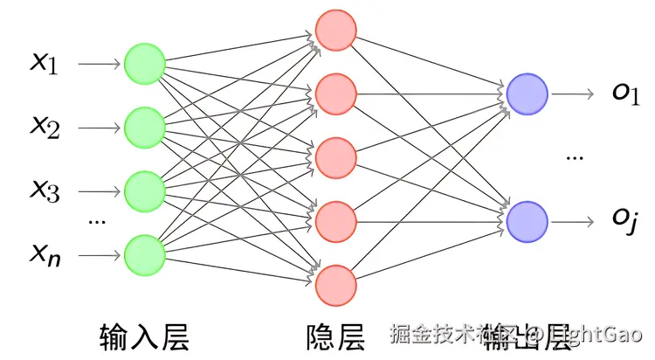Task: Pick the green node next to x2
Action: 144,128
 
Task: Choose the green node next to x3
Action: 144,190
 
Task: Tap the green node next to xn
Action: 144,254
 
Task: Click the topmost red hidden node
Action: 335,31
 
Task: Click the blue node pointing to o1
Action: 527,94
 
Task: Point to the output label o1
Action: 625,93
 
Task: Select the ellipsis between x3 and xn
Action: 97,223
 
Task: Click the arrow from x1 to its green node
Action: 100,64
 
